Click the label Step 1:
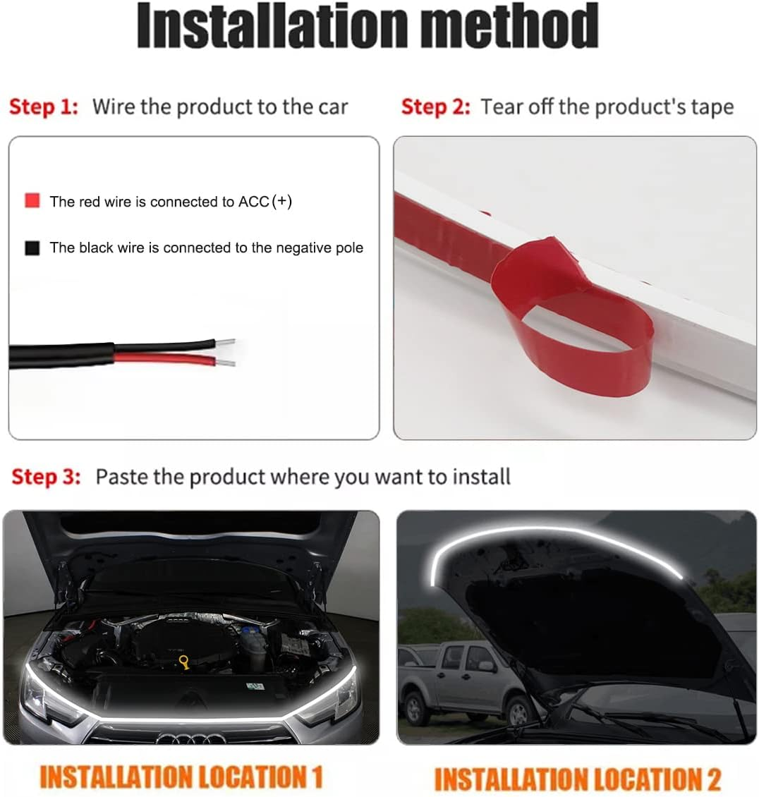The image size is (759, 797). (x=43, y=107)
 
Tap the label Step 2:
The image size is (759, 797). (x=435, y=107)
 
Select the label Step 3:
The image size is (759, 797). (x=46, y=477)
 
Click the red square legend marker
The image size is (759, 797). (x=32, y=201)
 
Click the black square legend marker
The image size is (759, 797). (x=32, y=248)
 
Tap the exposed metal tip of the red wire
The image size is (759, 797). (x=226, y=363)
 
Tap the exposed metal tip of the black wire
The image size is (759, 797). (x=225, y=343)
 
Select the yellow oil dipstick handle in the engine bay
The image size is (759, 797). (x=185, y=663)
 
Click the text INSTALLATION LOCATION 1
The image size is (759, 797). (x=181, y=777)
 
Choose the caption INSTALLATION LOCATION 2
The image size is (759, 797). (x=577, y=779)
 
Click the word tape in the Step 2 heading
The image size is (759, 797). (x=712, y=107)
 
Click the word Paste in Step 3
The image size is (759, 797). (x=122, y=477)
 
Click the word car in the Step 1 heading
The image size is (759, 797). (x=332, y=107)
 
